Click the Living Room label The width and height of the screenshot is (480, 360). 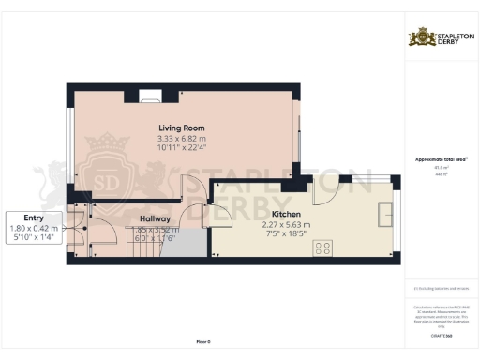pos(181,128)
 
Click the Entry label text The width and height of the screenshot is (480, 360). pos(34,216)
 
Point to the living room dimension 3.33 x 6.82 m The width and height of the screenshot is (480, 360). pos(181,140)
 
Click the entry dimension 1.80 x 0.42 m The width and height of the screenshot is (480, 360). pos(34,227)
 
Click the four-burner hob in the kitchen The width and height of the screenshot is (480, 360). pos(324,247)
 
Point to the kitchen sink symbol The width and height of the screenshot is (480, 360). pos(384,215)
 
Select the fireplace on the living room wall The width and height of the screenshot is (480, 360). pos(149,93)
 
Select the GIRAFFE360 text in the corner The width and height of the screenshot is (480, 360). pos(441,334)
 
